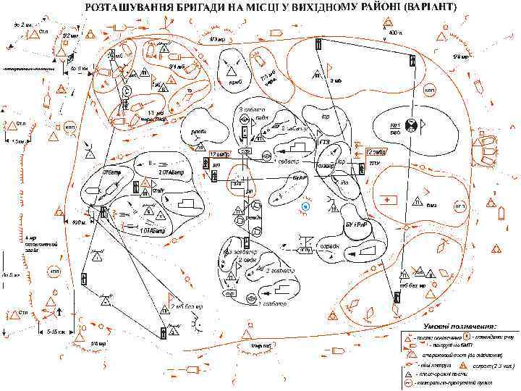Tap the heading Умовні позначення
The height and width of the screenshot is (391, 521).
pyautogui.click(x=460, y=325)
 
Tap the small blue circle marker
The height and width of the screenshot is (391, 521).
pyautogui.click(x=305, y=207)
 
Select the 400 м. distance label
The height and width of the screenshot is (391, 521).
pyautogui.click(x=396, y=33)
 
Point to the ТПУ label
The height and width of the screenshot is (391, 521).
pyautogui.click(x=375, y=164)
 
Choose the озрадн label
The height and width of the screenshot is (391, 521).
pyautogui.click(x=330, y=247)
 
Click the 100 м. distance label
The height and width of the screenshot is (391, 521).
pyautogui.click(x=79, y=222)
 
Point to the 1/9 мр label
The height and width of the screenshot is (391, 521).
pyautogui.click(x=460, y=56)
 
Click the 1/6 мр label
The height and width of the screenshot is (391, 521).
pyautogui.click(x=98, y=343)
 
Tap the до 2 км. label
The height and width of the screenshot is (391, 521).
pyautogui.click(x=23, y=25)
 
